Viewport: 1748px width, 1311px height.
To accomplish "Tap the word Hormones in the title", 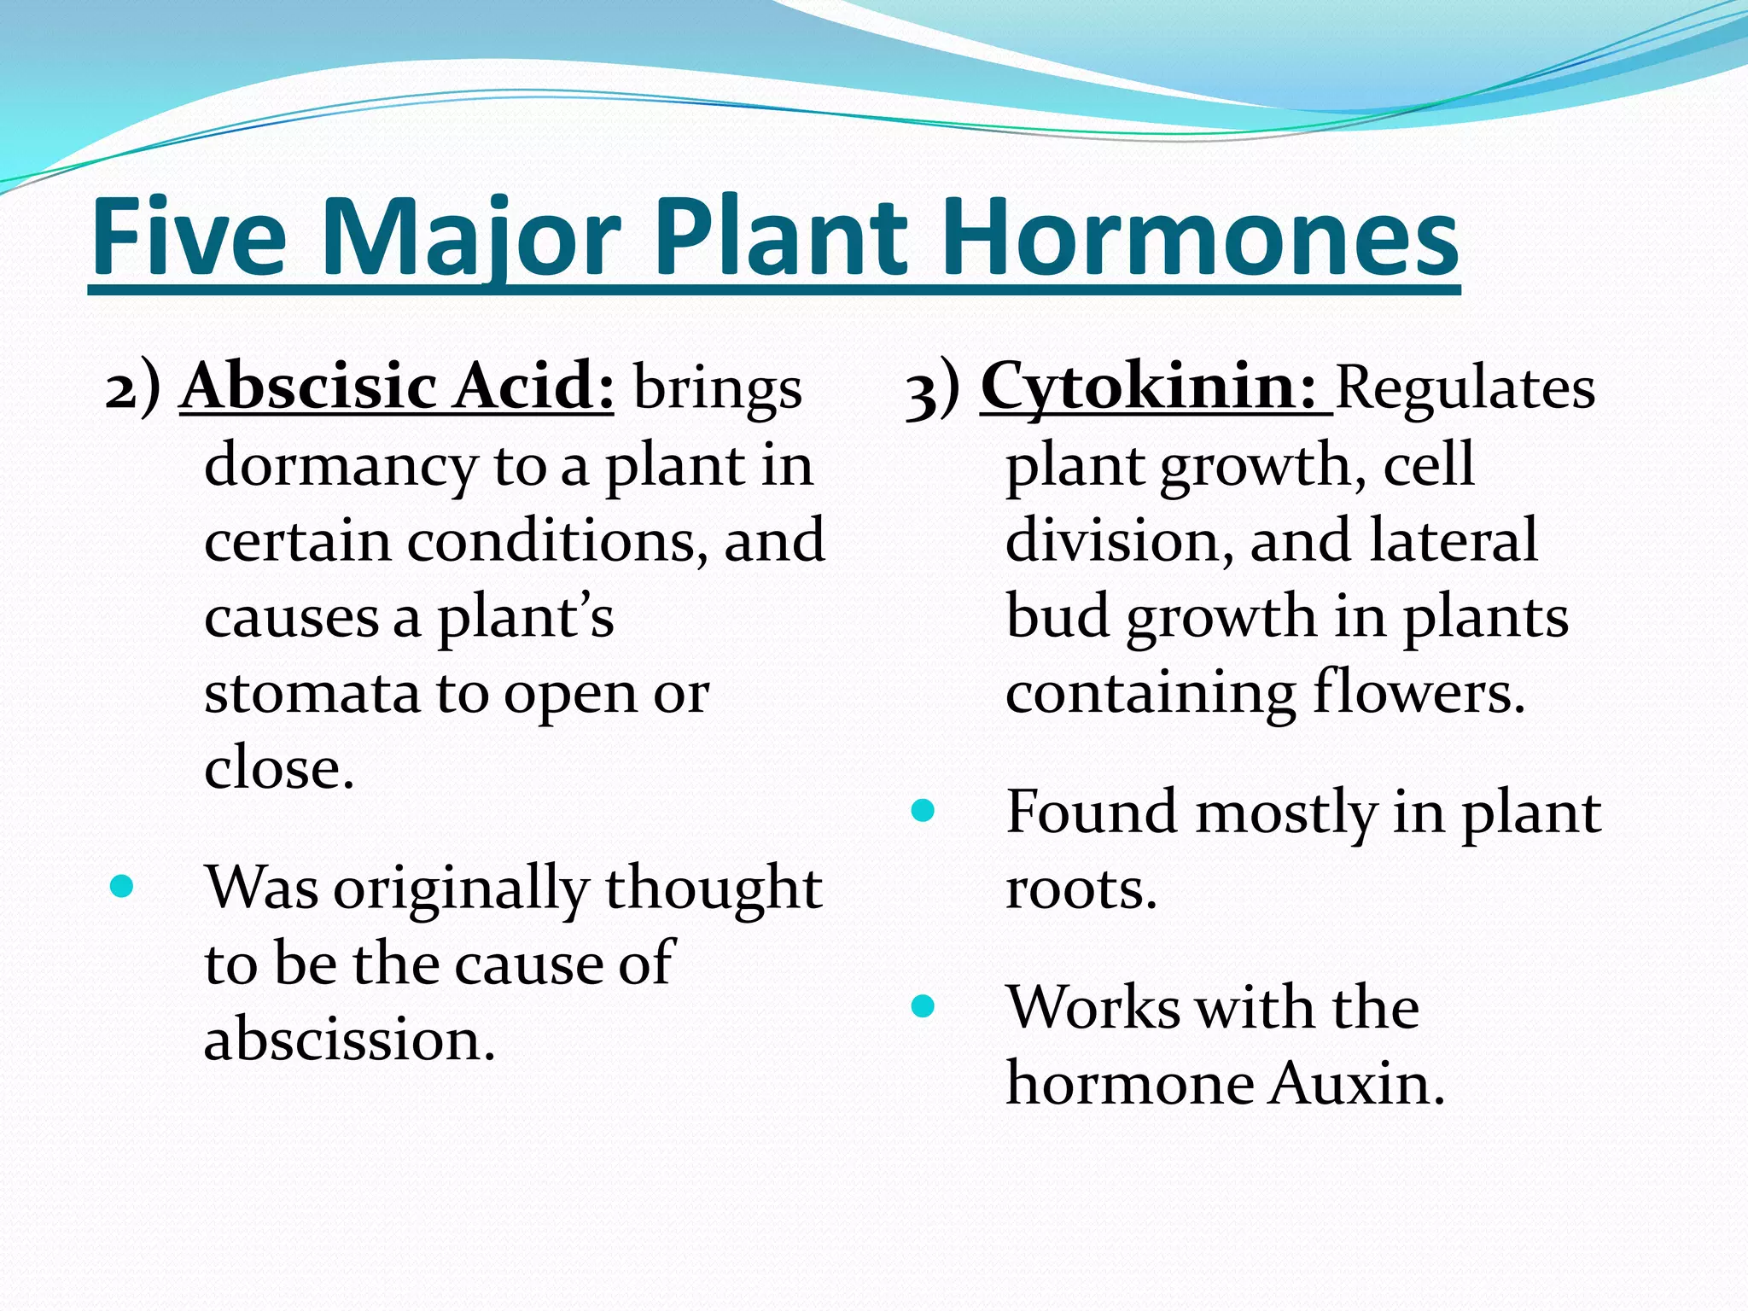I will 1198,236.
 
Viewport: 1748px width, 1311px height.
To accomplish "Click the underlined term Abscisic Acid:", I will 397,387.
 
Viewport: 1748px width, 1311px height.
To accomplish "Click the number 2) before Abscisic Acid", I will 132,388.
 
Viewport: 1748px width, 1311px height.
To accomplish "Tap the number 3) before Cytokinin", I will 933,390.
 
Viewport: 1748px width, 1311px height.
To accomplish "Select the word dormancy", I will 341,467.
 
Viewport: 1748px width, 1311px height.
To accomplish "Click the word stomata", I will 312,693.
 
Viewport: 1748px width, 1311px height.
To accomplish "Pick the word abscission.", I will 349,1040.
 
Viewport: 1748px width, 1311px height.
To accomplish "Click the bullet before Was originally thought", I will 122,887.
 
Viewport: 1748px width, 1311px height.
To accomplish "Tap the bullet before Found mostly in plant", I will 923,810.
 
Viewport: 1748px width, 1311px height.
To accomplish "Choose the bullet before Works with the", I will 923,1006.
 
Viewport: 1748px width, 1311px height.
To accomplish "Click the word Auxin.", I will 1355,1083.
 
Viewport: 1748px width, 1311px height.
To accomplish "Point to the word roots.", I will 1081,889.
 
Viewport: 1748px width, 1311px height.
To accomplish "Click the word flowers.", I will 1419,692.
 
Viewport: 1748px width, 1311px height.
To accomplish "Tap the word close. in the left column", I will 278,768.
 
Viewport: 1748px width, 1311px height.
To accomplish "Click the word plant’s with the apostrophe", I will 526,617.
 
